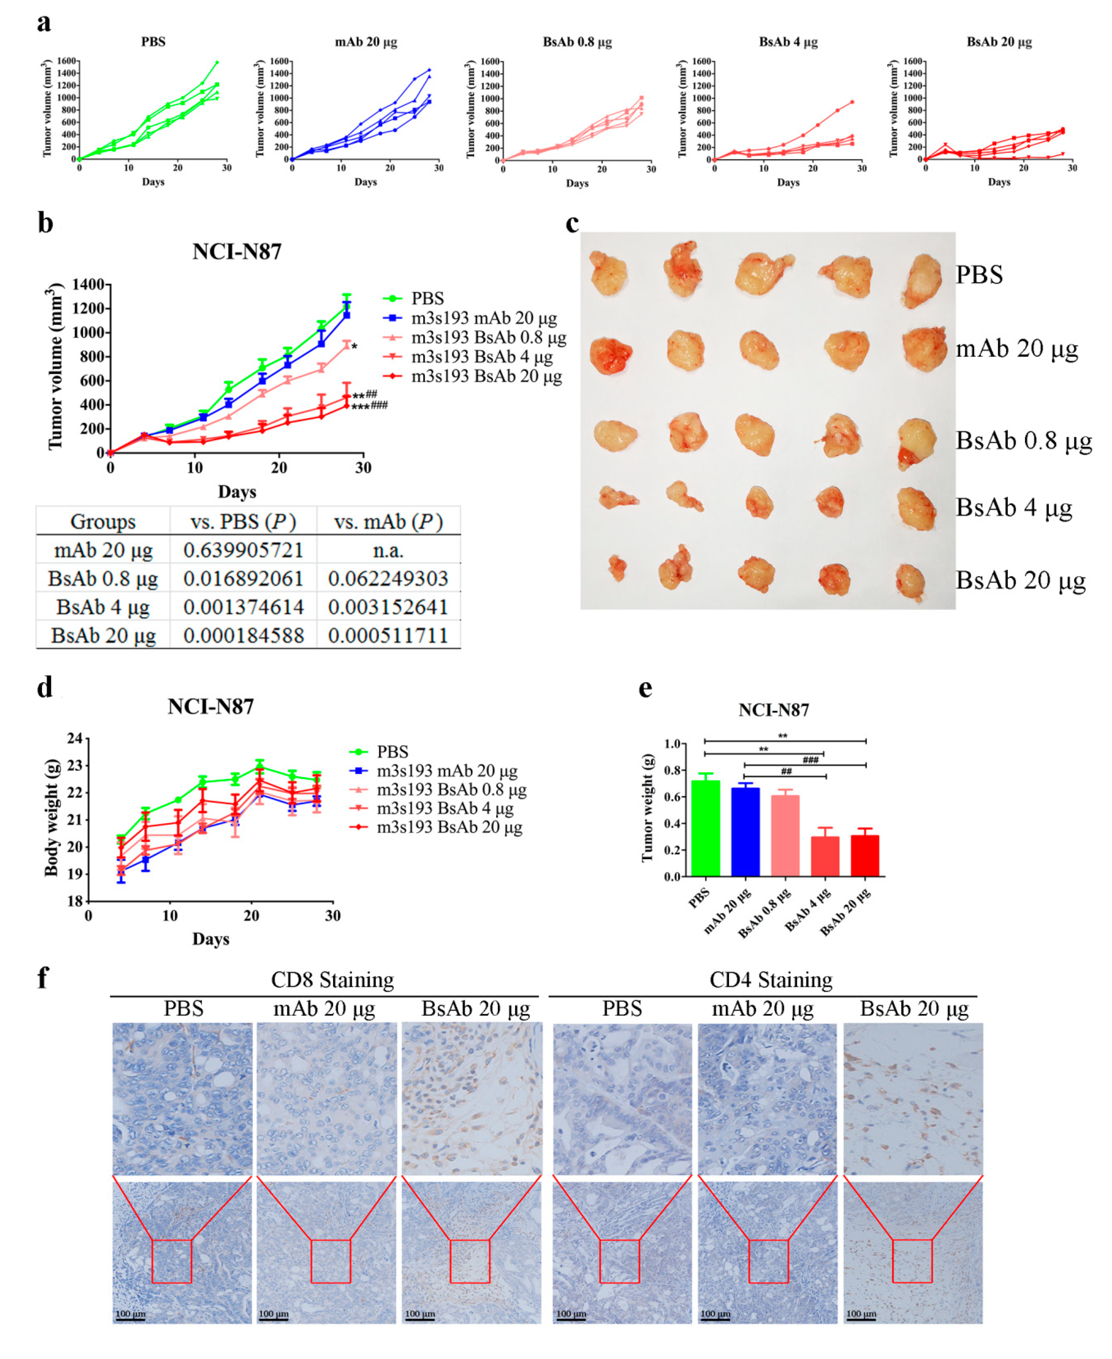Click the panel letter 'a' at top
(43, 23)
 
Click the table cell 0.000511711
(387, 636)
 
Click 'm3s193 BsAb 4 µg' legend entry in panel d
(445, 808)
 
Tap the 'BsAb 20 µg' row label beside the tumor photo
(1020, 581)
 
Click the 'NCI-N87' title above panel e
(773, 710)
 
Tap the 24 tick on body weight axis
(75, 738)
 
